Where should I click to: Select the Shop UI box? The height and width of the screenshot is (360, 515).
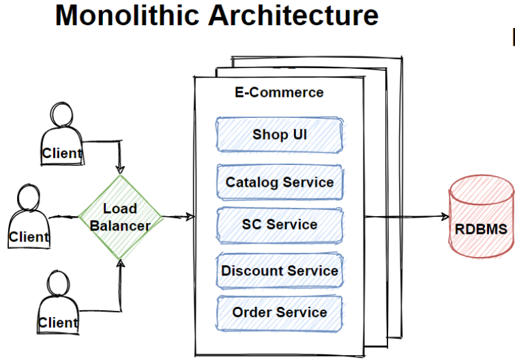[280, 134]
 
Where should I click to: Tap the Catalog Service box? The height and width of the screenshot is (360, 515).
[280, 182]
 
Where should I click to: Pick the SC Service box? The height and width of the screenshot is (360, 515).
[280, 224]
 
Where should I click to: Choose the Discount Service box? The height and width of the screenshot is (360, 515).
[280, 271]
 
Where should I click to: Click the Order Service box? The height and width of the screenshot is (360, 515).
[280, 312]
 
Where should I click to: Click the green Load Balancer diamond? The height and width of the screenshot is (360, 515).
[120, 217]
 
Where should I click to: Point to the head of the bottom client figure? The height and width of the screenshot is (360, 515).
[58, 282]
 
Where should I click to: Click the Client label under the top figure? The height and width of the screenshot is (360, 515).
[61, 153]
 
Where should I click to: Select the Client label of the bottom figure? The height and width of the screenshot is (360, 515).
[57, 322]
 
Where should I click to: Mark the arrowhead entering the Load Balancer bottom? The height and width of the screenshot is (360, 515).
[120, 262]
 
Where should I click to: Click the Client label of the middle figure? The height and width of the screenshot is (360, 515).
[29, 237]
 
